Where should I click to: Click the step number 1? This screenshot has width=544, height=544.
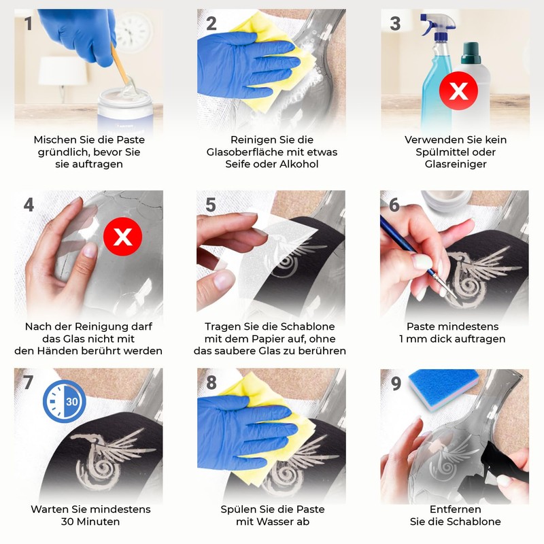(x=29, y=24)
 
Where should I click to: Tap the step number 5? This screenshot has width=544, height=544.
(x=211, y=205)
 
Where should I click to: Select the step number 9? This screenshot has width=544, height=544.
(x=396, y=384)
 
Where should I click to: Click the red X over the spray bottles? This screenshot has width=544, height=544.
(x=458, y=91)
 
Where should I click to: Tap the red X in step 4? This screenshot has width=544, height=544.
(x=122, y=237)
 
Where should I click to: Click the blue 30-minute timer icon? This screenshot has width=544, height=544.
(x=65, y=401)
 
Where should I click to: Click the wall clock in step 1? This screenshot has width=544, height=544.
(x=133, y=32)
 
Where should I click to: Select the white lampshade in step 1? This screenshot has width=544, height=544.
(x=63, y=71)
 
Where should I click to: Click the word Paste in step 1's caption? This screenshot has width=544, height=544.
(x=131, y=140)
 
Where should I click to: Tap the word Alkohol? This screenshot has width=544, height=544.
(x=298, y=164)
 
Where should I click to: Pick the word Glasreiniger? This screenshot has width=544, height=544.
(x=456, y=164)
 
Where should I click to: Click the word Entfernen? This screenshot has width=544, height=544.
(x=455, y=509)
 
